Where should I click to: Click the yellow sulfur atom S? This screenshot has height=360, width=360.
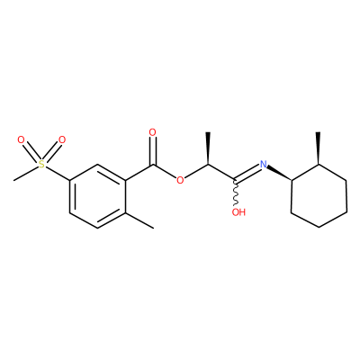click(x=41, y=164)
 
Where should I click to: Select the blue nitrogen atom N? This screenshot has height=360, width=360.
click(x=264, y=164)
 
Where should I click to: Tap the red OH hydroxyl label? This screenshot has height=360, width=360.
click(x=238, y=212)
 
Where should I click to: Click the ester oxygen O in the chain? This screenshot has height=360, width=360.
click(x=180, y=180)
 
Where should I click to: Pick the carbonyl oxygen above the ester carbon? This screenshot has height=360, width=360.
click(x=153, y=132)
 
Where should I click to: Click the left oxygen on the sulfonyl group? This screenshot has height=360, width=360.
click(x=21, y=139)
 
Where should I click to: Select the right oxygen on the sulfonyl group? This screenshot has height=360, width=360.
click(x=62, y=139)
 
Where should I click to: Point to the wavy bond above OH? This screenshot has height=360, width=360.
click(x=236, y=193)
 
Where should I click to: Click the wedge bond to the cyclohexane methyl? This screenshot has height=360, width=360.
click(x=319, y=148)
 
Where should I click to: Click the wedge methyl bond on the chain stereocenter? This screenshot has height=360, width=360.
click(x=208, y=148)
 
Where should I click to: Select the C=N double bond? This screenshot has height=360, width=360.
click(x=247, y=174)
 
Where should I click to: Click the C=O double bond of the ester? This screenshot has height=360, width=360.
click(x=153, y=151)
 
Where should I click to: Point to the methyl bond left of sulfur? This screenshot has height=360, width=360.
click(x=26, y=173)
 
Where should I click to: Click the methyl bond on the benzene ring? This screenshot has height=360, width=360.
click(x=139, y=220)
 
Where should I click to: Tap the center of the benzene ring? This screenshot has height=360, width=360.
click(x=97, y=196)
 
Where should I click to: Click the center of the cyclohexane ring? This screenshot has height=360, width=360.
click(x=319, y=196)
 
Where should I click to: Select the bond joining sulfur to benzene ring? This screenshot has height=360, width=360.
click(x=58, y=173)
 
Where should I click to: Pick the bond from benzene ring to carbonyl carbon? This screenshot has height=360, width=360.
click(x=139, y=173)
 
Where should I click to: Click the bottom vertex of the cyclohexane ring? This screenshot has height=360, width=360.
click(x=319, y=227)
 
